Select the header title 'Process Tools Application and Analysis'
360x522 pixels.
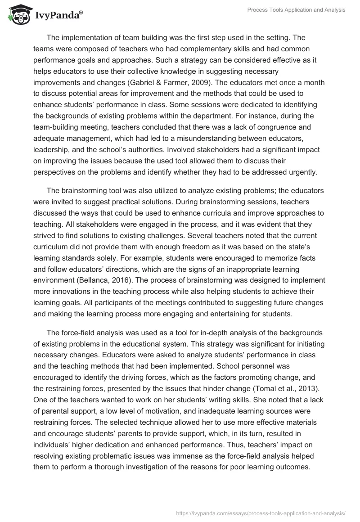(297, 10)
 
